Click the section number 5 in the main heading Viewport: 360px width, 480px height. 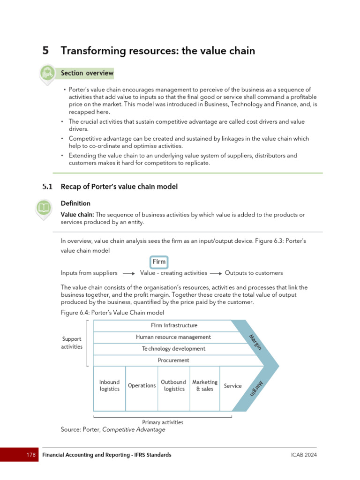click(45, 51)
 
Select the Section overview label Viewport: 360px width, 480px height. click(87, 73)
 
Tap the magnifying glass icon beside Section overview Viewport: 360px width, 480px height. click(47, 73)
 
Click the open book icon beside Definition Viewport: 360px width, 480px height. click(44, 208)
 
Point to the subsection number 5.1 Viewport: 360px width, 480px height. click(48, 187)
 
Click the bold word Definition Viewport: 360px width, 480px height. click(75, 203)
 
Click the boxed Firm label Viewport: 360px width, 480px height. click(159, 262)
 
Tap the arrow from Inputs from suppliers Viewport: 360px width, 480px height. click(128, 273)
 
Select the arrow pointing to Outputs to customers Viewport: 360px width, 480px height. click(216, 273)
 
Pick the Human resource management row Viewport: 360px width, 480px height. click(173, 337)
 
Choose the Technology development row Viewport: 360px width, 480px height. click(173, 349)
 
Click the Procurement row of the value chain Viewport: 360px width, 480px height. click(173, 360)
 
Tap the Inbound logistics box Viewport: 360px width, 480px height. click(110, 385)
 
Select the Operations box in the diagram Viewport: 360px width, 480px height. click(142, 386)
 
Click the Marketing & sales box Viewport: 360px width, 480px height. click(205, 385)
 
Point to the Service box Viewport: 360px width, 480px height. click(233, 386)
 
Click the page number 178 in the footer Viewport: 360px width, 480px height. click(31, 455)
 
